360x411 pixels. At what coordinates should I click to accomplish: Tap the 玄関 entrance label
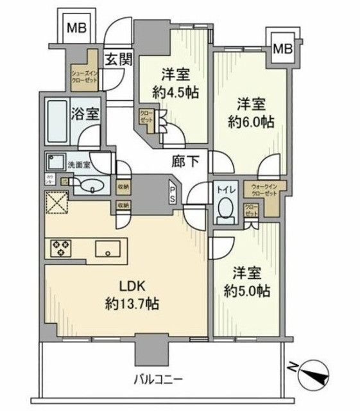click(119, 60)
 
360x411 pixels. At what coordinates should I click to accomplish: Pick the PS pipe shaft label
click(173, 194)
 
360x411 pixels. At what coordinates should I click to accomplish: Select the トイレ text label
click(224, 190)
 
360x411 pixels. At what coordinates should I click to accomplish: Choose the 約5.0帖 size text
click(248, 291)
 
